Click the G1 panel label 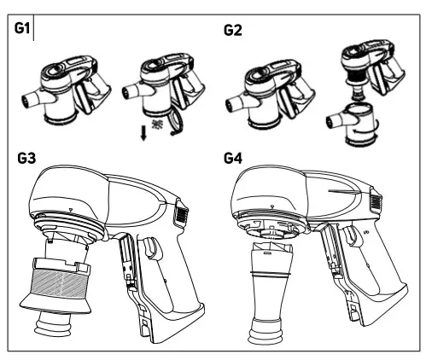point(22,31)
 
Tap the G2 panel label point(233,31)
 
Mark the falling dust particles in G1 point(156,125)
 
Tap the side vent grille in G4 point(374,206)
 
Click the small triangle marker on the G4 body point(271,206)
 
